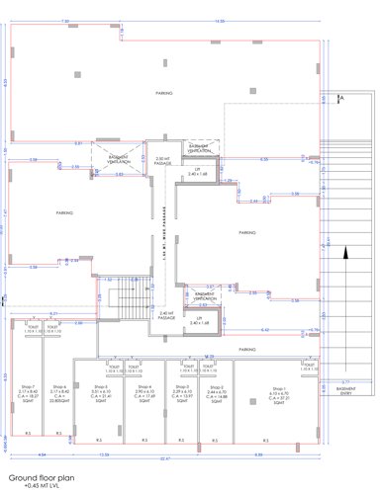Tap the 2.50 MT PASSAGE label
(x=163, y=160)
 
